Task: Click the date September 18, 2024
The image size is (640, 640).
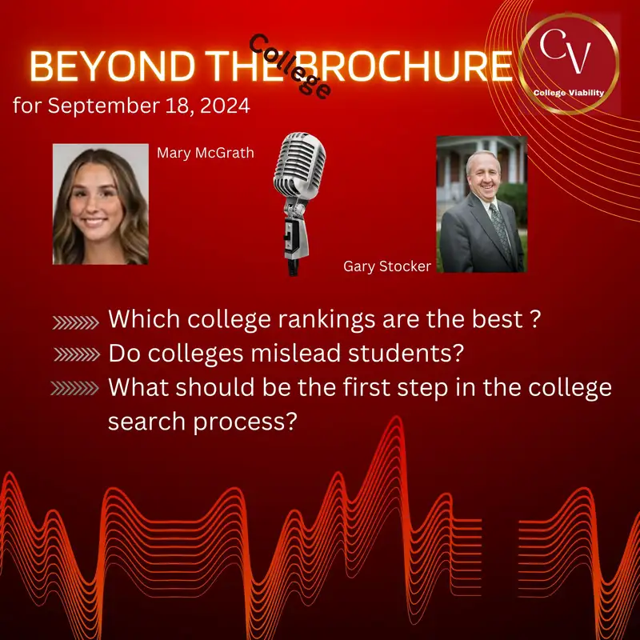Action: click(x=131, y=106)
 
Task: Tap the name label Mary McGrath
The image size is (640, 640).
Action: click(x=205, y=152)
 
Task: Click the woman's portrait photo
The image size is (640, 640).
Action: click(x=100, y=205)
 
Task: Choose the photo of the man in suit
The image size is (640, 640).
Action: click(x=480, y=205)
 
